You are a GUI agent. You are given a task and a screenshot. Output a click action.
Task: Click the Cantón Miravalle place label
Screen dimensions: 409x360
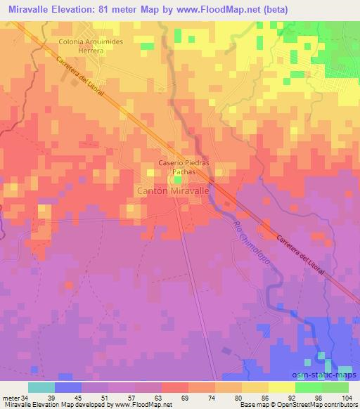point(172,190)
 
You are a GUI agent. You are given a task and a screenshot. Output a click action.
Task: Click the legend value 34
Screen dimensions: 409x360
point(28,398)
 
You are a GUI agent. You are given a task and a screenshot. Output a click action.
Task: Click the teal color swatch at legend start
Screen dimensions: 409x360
point(41,387)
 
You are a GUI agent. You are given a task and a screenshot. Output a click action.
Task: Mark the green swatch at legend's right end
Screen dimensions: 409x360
point(335,387)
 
